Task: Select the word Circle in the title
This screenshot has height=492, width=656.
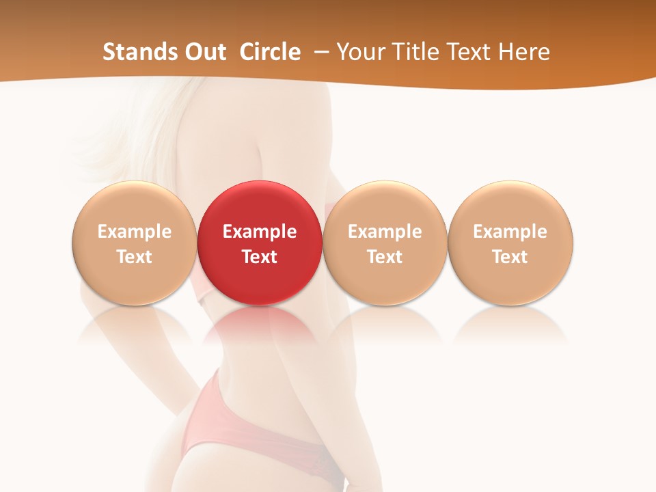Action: coord(270,52)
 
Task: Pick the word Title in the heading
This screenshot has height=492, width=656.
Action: coord(415,52)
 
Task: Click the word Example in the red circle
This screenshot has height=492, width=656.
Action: coord(260,232)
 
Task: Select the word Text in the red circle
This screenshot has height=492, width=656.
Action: coord(260,257)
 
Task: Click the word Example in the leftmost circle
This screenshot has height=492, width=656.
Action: coord(135,232)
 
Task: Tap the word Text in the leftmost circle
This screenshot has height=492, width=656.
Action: coord(135,257)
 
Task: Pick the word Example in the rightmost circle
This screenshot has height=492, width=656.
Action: coord(510,232)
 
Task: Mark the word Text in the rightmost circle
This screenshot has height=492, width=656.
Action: coord(510,257)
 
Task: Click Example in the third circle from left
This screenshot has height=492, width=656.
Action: coord(385,232)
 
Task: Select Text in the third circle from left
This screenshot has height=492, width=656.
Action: coord(385,257)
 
